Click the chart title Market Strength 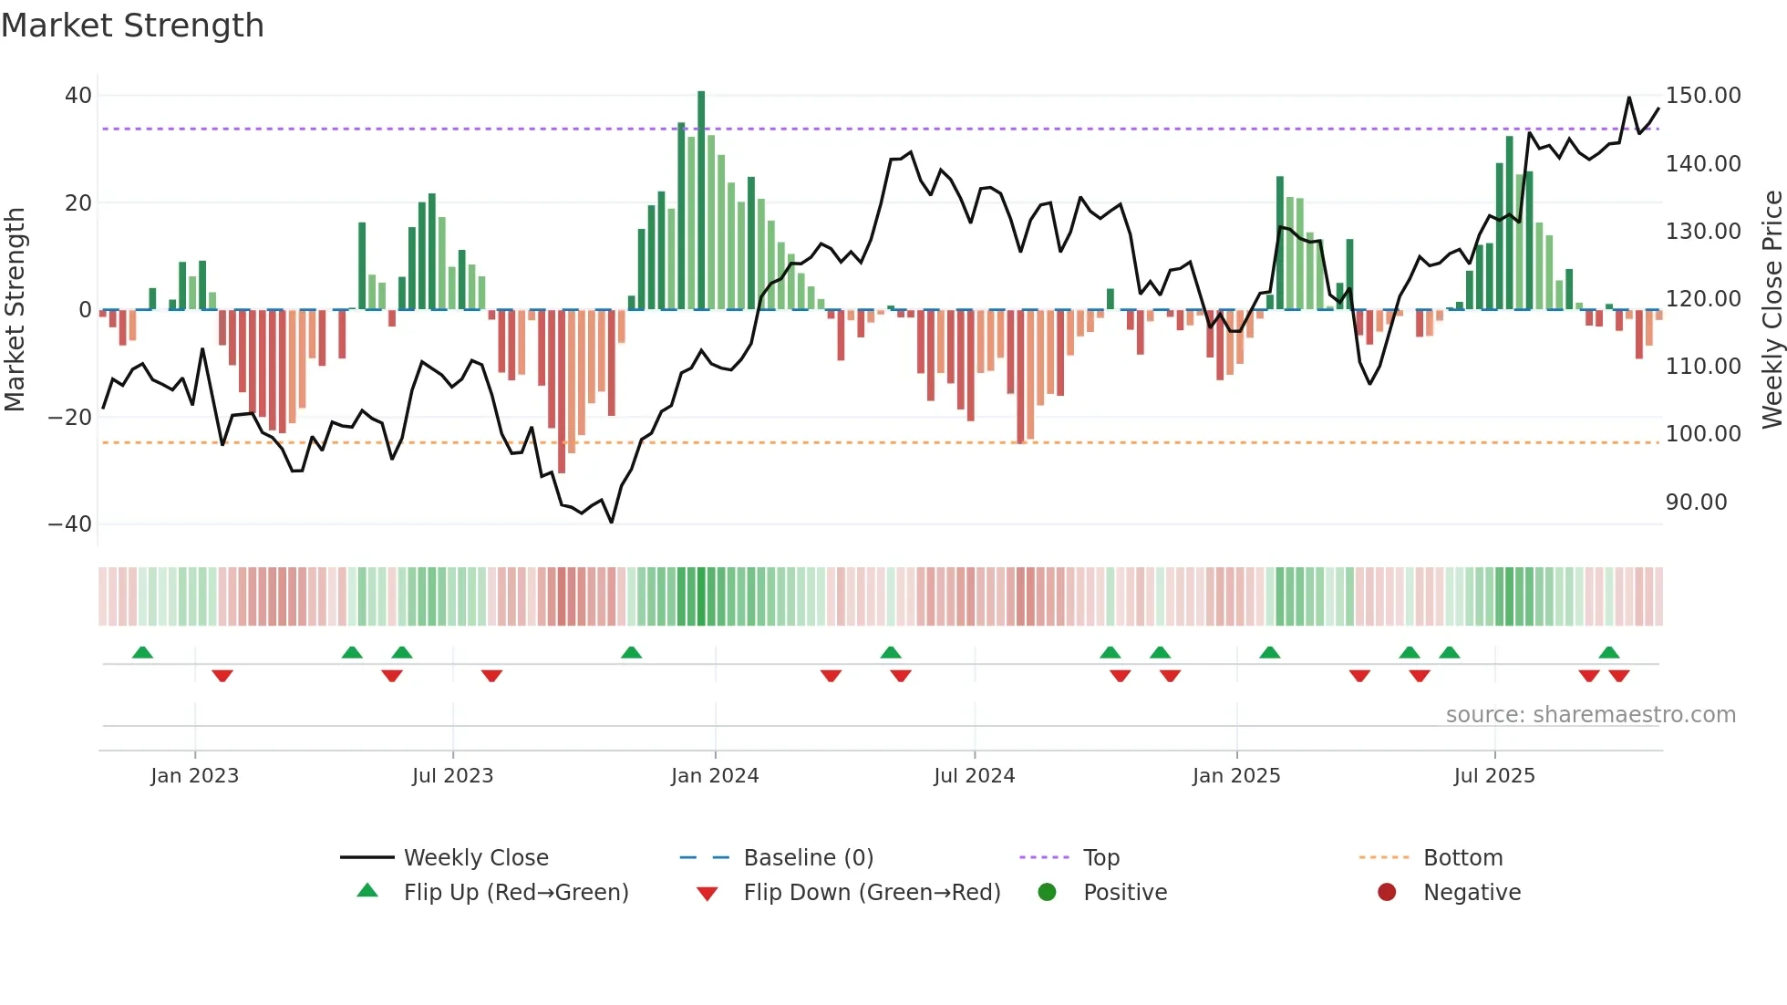tap(132, 26)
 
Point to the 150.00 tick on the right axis tap(1702, 96)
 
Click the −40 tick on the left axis tap(70, 524)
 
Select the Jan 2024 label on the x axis tap(715, 776)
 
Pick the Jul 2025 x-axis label tap(1493, 776)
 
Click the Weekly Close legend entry tap(476, 858)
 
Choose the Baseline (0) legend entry tap(808, 858)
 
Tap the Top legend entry tap(1100, 858)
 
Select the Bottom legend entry tap(1462, 858)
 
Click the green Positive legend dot tap(1047, 893)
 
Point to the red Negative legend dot tap(1387, 893)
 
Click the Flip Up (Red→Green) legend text tap(516, 893)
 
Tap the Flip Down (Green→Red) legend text tap(872, 893)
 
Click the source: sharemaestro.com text tap(1590, 715)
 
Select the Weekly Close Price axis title tap(1772, 310)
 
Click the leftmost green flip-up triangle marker tap(142, 652)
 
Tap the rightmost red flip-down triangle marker tap(1619, 676)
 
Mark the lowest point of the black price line tap(611, 522)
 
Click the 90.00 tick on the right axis tap(1696, 502)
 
